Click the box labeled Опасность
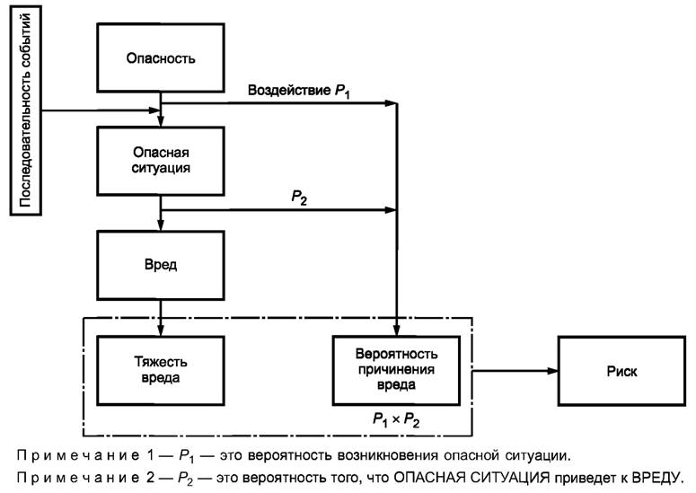point(162,59)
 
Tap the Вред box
point(162,266)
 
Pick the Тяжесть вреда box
point(162,368)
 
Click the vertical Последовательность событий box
point(25,109)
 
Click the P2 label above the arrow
point(299,198)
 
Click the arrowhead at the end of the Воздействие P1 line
point(392,104)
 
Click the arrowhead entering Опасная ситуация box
point(162,121)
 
